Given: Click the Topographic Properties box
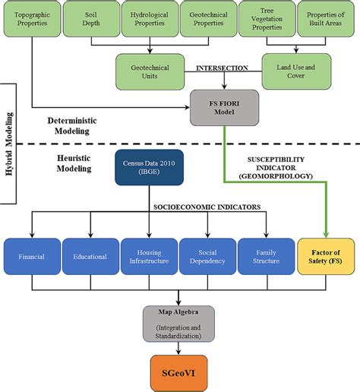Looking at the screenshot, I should click(32, 19).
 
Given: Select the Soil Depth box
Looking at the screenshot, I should click(90, 19).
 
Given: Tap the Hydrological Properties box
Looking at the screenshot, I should click(148, 19).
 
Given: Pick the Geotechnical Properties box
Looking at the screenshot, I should click(207, 19).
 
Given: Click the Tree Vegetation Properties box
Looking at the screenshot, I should click(266, 19).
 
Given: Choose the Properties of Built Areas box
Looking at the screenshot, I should click(324, 19).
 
